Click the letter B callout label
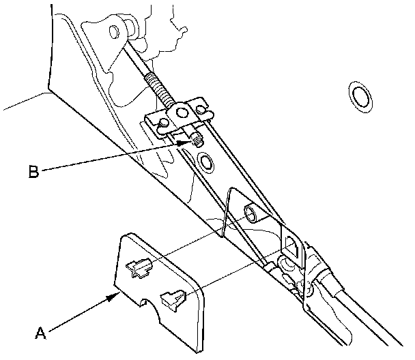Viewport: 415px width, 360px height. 34,172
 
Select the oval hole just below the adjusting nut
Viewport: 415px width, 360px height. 203,162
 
